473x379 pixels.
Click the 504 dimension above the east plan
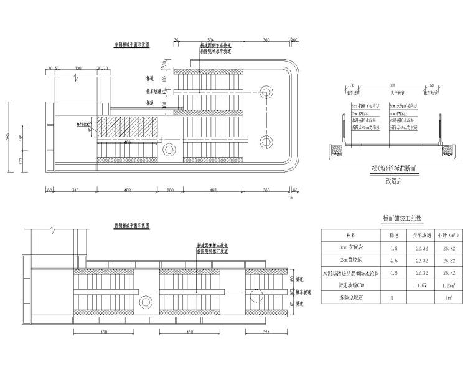pyautogui.click(x=210, y=39)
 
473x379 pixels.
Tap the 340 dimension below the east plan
pyautogui.click(x=75, y=189)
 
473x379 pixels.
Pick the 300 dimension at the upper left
pyautogui.click(x=78, y=67)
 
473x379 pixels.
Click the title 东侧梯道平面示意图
pyautogui.click(x=132, y=45)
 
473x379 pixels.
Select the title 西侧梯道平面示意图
pyautogui.click(x=132, y=225)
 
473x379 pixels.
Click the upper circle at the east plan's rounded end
pyautogui.click(x=266, y=92)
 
